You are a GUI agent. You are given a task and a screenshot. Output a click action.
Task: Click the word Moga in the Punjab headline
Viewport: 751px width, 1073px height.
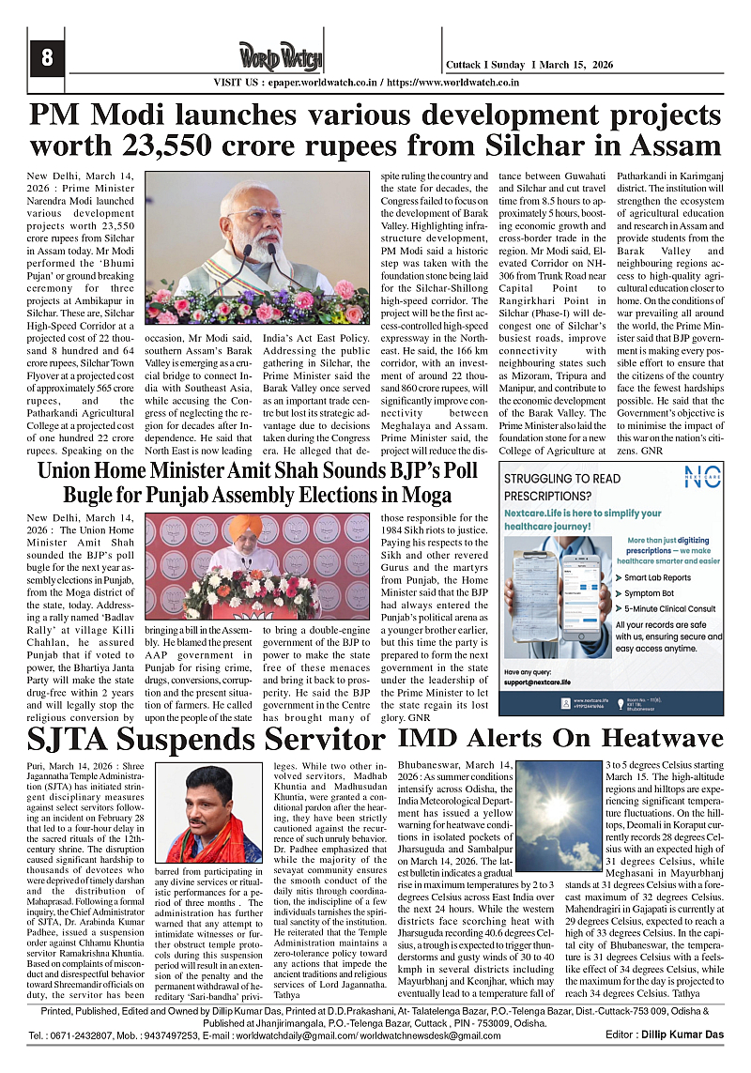(x=423, y=493)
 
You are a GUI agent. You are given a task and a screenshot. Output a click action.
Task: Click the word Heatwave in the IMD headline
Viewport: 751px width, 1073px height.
(x=662, y=737)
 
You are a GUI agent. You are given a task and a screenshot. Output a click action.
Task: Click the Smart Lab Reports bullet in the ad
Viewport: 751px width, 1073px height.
(x=657, y=577)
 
